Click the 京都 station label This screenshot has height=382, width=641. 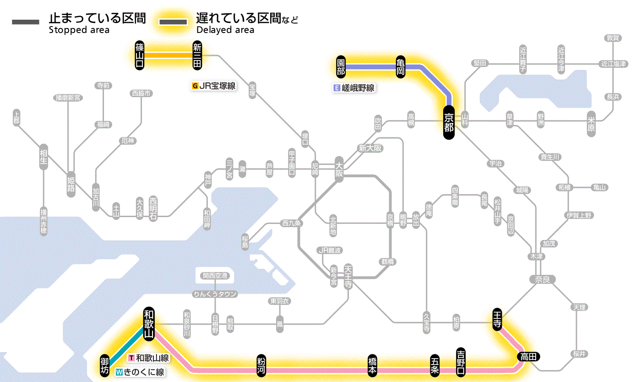tap(449, 123)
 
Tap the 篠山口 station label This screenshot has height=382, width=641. tap(140, 55)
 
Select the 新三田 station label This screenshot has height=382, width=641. tap(197, 55)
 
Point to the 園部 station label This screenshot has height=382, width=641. tap(341, 67)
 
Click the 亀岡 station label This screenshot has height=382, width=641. tap(401, 67)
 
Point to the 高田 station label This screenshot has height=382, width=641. tap(529, 356)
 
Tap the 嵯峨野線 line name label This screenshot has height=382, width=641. tap(358, 88)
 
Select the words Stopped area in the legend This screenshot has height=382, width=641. tap(79, 30)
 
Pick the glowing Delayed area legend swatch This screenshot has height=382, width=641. tap(173, 22)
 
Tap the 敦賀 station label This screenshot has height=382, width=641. tap(612, 38)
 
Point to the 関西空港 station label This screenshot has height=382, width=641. tap(218, 275)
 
